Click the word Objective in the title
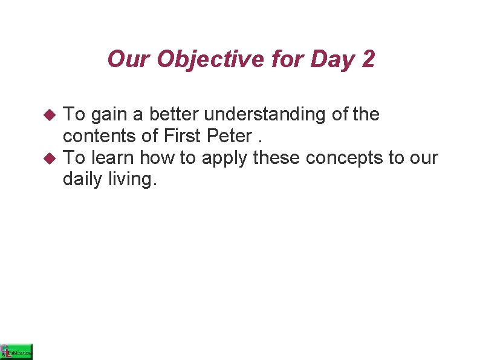click(x=196, y=59)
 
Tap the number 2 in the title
click(x=368, y=59)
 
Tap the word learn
click(x=113, y=157)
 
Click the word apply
click(x=225, y=159)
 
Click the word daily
click(x=83, y=180)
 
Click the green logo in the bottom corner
click(x=16, y=351)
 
